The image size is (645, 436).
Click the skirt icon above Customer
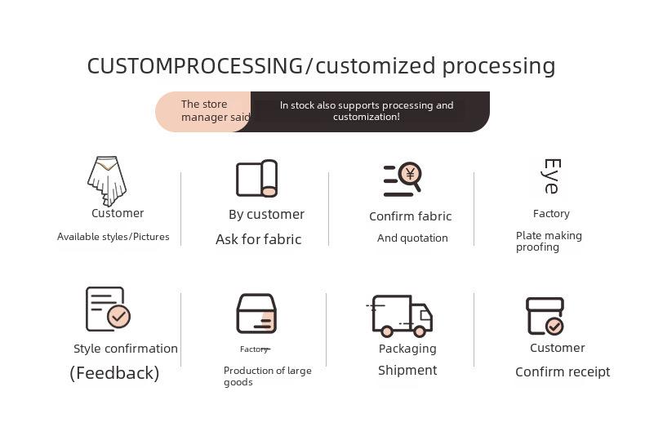click(x=107, y=181)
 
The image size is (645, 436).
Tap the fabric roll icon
click(x=256, y=179)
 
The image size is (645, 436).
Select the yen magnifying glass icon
click(x=403, y=180)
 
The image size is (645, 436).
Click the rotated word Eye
click(x=551, y=176)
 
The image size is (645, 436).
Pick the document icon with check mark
click(x=108, y=309)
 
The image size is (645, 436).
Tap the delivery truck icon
click(x=399, y=316)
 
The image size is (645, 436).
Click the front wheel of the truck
click(x=420, y=331)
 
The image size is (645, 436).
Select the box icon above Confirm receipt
click(x=545, y=316)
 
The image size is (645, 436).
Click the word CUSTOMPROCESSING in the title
click(x=195, y=66)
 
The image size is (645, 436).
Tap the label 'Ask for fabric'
click(x=258, y=239)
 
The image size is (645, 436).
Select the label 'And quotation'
click(x=412, y=238)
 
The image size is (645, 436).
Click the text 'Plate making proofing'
click(x=549, y=241)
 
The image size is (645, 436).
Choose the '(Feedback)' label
click(x=114, y=373)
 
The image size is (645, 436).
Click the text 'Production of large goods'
click(x=267, y=376)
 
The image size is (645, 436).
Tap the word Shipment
click(x=407, y=370)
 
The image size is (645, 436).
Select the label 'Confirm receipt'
click(x=563, y=371)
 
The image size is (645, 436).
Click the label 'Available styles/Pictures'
click(x=113, y=237)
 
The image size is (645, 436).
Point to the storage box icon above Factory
click(x=256, y=314)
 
